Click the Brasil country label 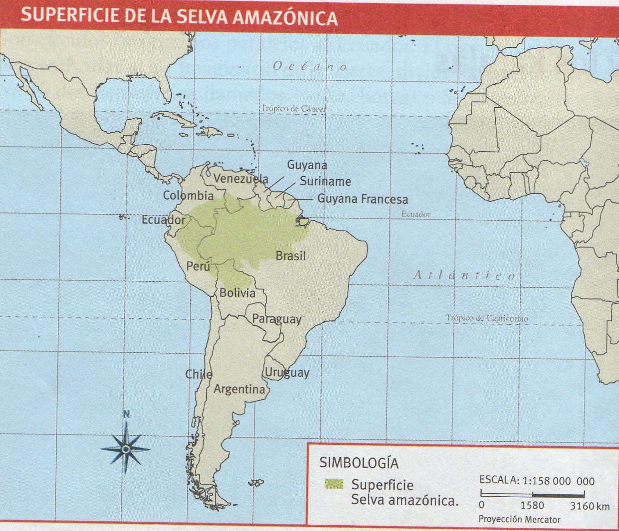pyautogui.click(x=291, y=256)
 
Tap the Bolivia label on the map pyautogui.click(x=237, y=293)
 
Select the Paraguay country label pyautogui.click(x=277, y=319)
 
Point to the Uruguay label pyautogui.click(x=287, y=372)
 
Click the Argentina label pyautogui.click(x=239, y=389)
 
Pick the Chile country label pyautogui.click(x=199, y=374)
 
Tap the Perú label pyautogui.click(x=198, y=266)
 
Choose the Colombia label pyautogui.click(x=188, y=195)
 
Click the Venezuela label pyautogui.click(x=240, y=179)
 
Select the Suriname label pyautogui.click(x=325, y=181)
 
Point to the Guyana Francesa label pyautogui.click(x=362, y=199)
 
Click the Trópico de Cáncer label pyautogui.click(x=293, y=109)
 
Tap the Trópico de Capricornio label pyautogui.click(x=486, y=318)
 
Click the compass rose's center pyautogui.click(x=126, y=448)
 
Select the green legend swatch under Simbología pyautogui.click(x=334, y=484)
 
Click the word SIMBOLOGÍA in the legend pyautogui.click(x=359, y=463)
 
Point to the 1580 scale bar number pyautogui.click(x=532, y=506)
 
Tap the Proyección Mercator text pyautogui.click(x=519, y=519)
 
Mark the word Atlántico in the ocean pyautogui.click(x=464, y=275)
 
